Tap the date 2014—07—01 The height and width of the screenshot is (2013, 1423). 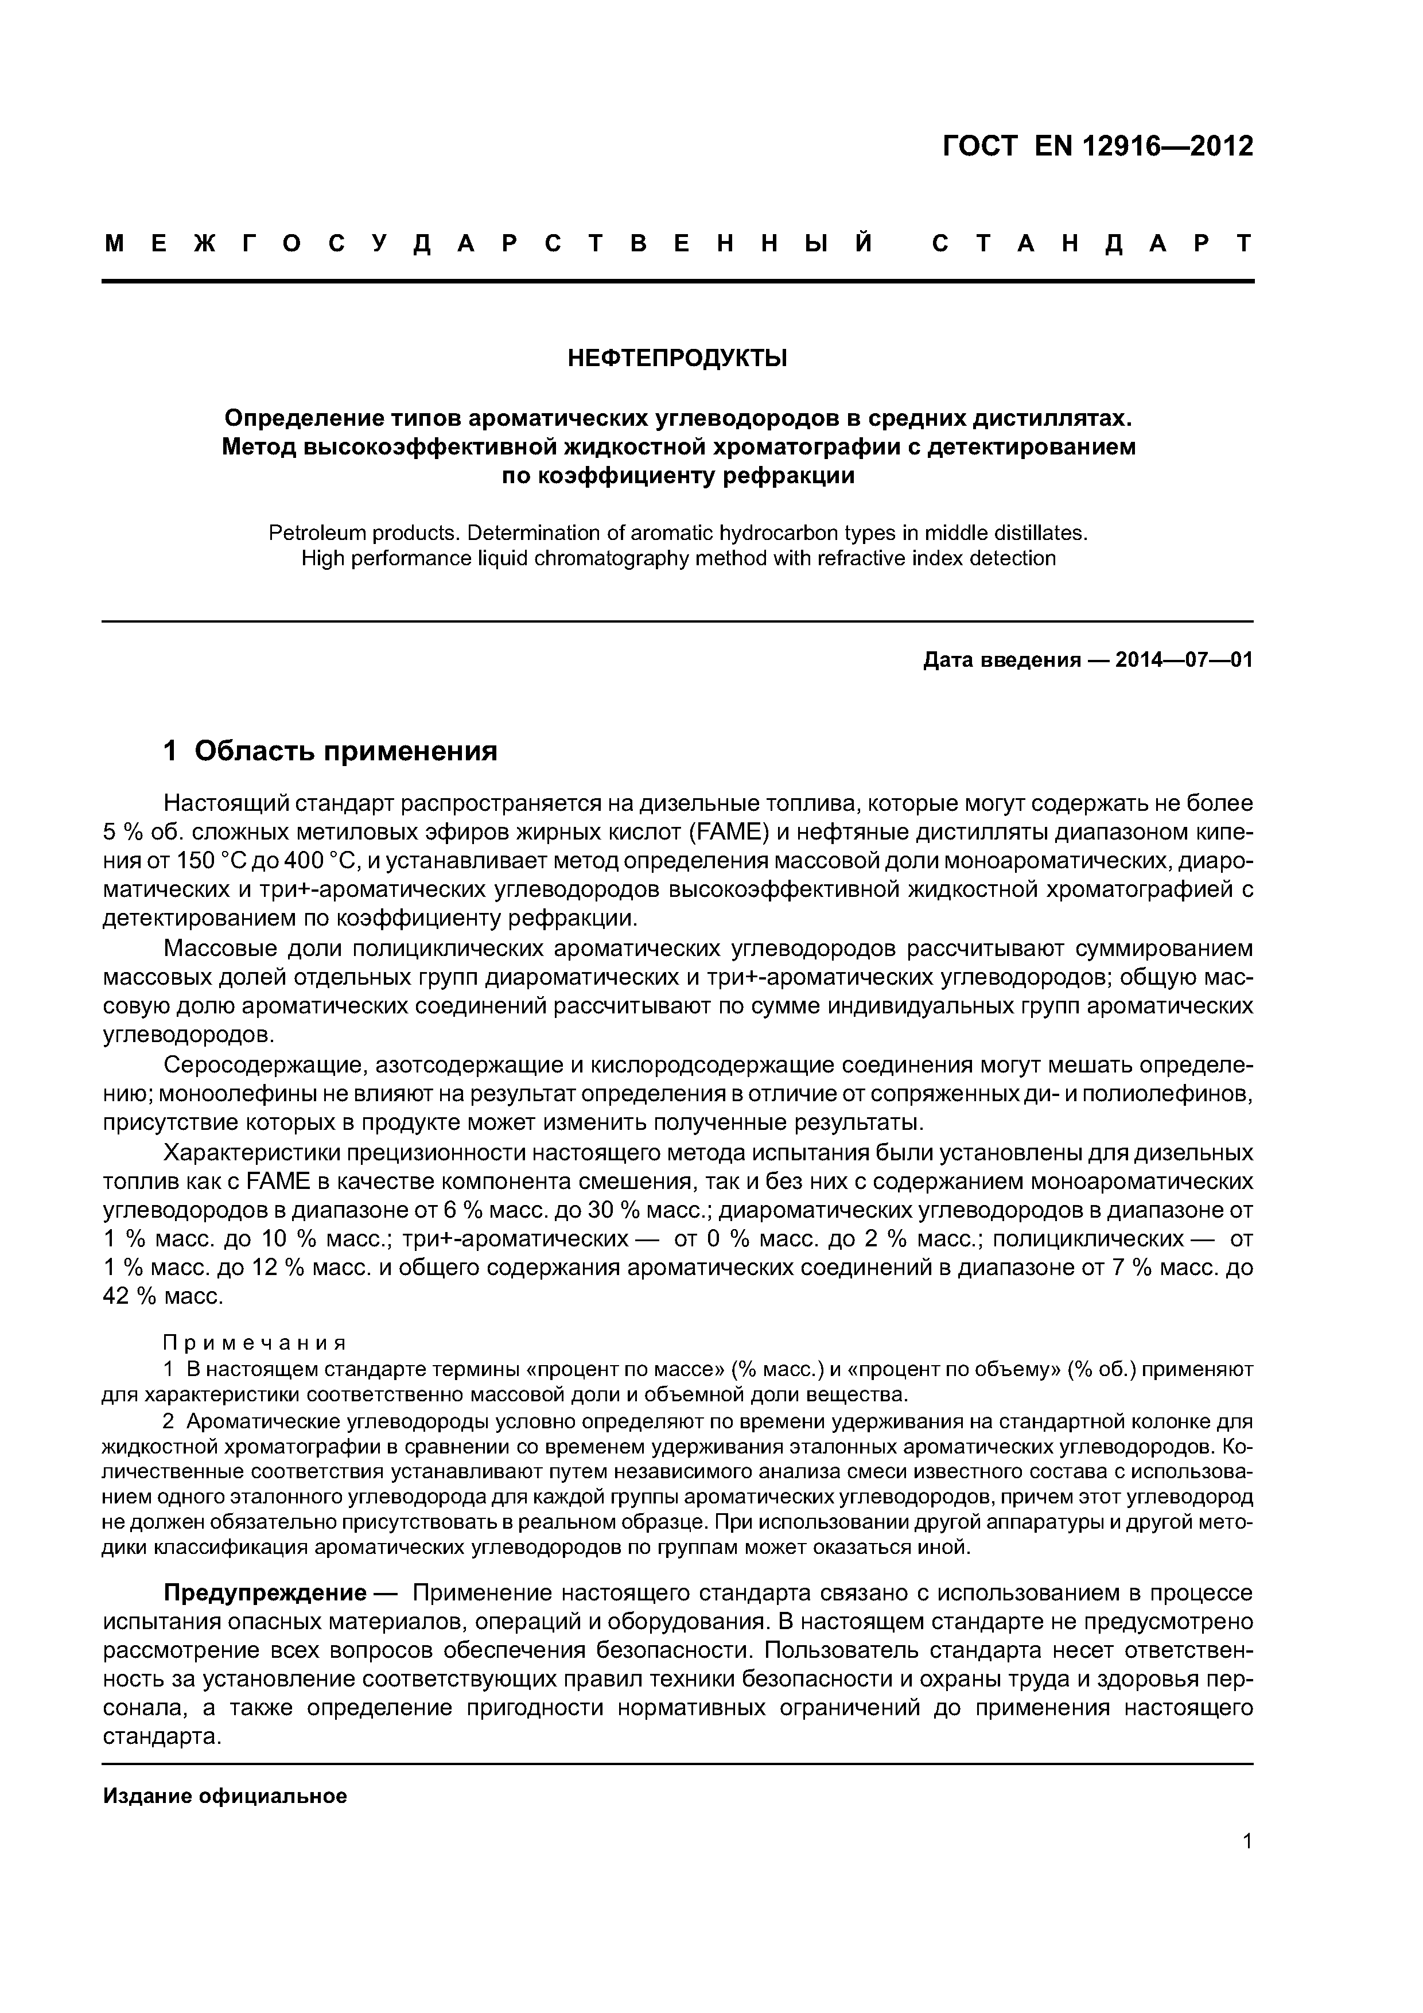coord(1184,660)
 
